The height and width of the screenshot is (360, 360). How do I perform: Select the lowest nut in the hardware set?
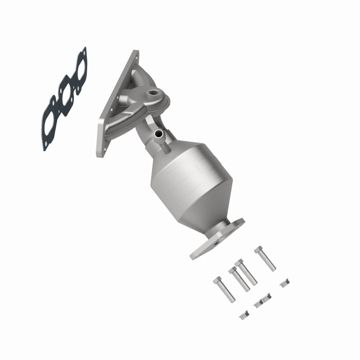tap(244, 315)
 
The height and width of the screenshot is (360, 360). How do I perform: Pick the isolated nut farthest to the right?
tap(284, 283)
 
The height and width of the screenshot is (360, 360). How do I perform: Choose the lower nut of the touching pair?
tap(258, 304)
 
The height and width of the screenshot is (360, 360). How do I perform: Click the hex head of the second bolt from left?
tap(233, 271)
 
